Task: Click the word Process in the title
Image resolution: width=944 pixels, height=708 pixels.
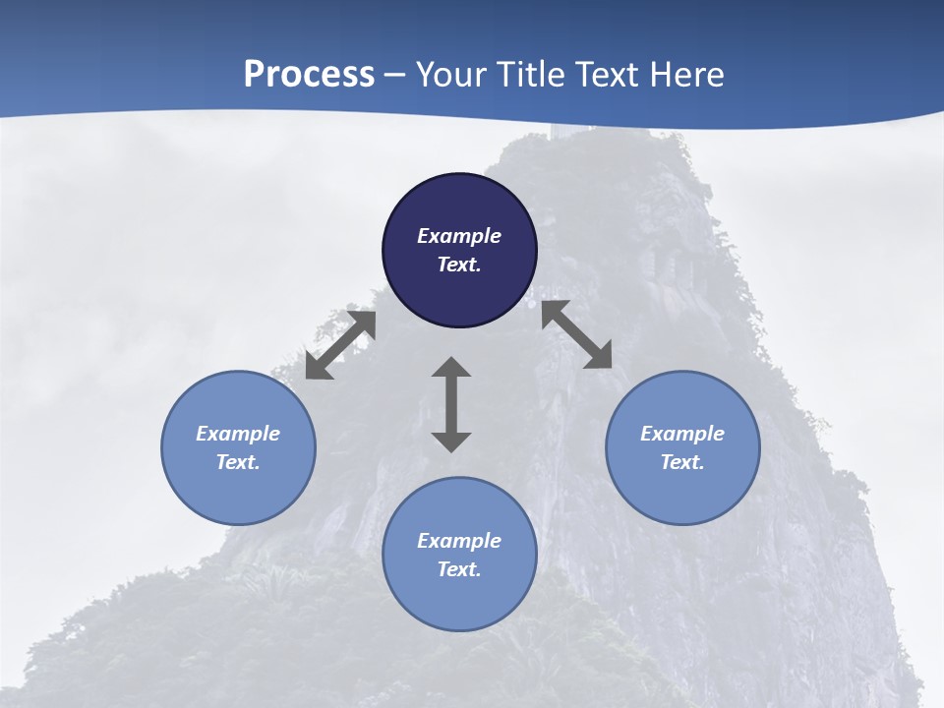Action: tap(309, 75)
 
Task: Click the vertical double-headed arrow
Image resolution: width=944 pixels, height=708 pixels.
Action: tap(451, 404)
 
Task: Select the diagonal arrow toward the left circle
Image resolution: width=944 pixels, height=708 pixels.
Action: tap(340, 345)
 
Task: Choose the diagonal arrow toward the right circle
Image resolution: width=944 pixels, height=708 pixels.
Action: tap(577, 335)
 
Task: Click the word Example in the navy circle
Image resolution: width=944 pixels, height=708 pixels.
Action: tap(459, 236)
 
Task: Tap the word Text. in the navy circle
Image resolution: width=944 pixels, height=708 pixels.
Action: tap(459, 265)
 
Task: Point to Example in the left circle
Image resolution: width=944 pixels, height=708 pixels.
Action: tap(238, 434)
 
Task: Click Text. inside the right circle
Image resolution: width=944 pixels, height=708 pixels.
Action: tap(682, 462)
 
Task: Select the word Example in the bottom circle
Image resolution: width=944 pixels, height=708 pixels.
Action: tap(459, 541)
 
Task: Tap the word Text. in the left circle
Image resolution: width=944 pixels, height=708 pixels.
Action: tap(238, 462)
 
